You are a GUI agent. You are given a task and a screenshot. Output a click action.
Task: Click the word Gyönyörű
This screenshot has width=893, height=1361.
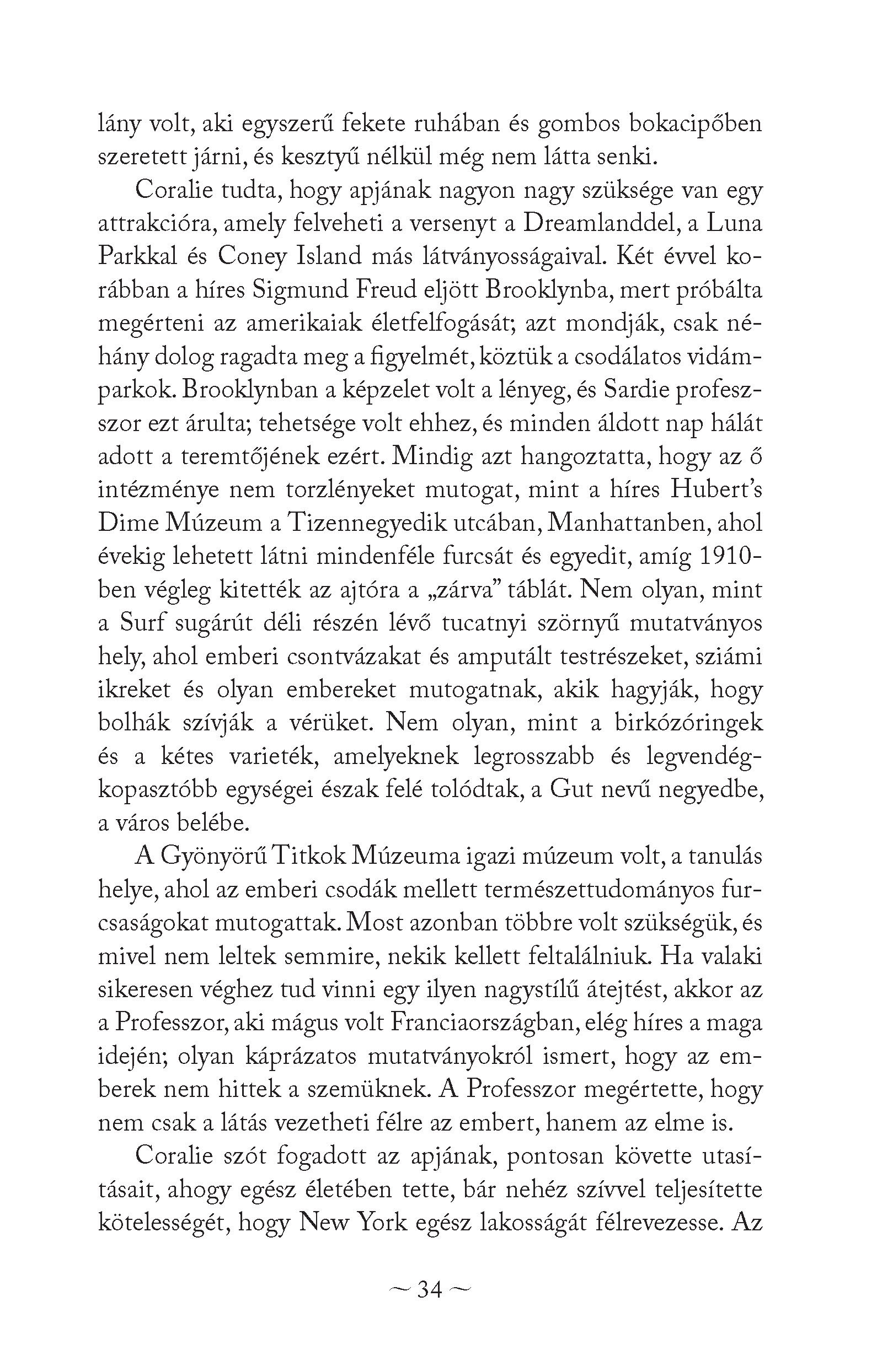(214, 856)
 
